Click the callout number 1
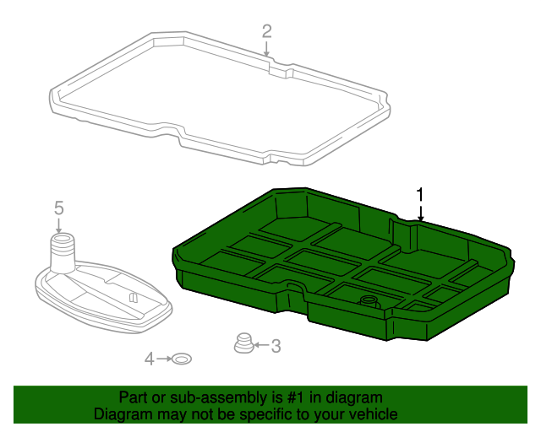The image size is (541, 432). (419, 195)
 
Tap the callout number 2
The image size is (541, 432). (267, 31)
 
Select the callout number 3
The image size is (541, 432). (276, 346)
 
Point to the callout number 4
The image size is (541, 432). (149, 359)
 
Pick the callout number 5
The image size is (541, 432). (59, 208)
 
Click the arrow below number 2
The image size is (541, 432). (266, 49)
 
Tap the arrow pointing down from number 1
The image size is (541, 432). (420, 213)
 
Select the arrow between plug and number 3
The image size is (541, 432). (261, 344)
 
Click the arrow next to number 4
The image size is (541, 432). (164, 359)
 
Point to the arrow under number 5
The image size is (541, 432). (58, 225)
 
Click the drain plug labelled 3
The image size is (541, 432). (243, 343)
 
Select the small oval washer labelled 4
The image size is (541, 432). (182, 359)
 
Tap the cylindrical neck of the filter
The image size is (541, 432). (63, 253)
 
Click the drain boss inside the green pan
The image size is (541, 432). (369, 302)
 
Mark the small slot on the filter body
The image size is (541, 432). (133, 297)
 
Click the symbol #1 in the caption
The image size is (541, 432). (296, 398)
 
